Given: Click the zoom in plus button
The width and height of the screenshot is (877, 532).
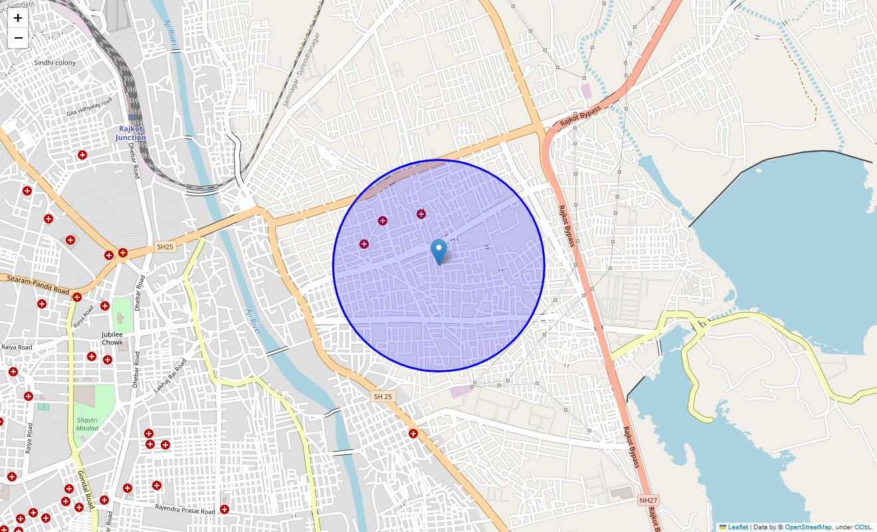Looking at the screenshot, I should click(x=18, y=18).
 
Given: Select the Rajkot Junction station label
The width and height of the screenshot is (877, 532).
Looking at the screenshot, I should click(x=130, y=133).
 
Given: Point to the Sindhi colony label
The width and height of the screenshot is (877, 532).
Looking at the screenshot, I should click(x=54, y=63).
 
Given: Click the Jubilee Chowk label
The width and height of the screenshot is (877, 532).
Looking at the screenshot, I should click(x=112, y=338).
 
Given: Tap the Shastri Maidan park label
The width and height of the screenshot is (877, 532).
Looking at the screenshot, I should click(x=87, y=424).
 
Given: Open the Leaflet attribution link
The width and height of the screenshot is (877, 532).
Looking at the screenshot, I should click(x=737, y=527).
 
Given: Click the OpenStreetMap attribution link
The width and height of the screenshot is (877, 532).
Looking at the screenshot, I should click(x=808, y=527).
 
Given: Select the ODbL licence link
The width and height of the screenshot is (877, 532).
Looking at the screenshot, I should click(x=863, y=527).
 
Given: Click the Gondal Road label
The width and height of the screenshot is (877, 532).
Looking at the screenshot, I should click(x=84, y=490).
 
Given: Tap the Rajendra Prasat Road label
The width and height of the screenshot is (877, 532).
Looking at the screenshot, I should click(x=185, y=510).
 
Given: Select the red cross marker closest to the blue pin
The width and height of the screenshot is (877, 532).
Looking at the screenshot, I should click(x=421, y=214).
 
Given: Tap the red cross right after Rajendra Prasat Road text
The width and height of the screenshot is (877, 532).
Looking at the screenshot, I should click(x=225, y=509).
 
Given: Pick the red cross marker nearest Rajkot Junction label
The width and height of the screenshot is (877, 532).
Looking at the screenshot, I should click(x=82, y=155).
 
